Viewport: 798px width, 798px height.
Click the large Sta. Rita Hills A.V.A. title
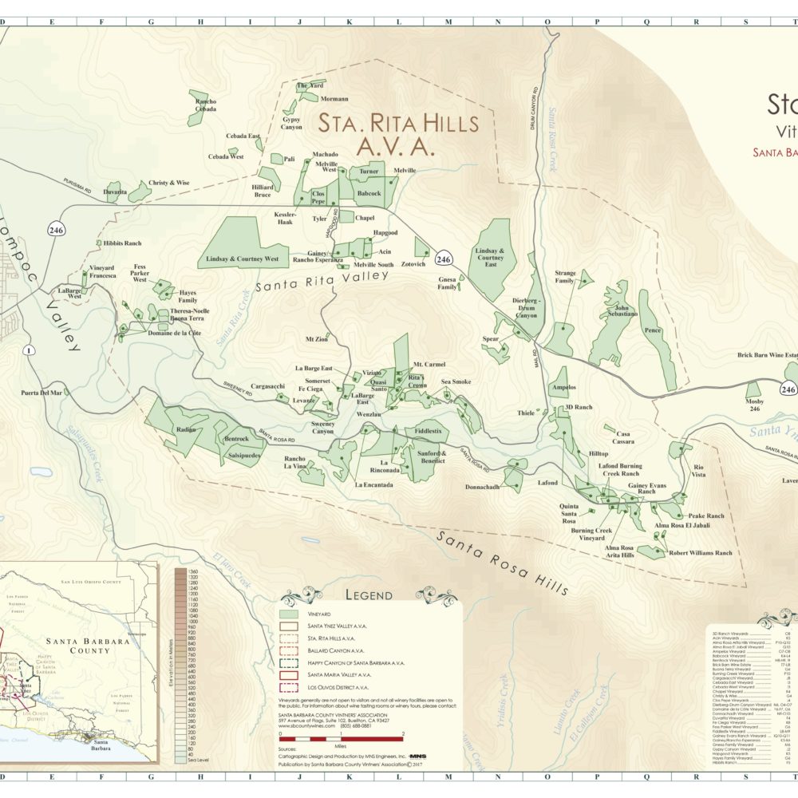[x=398, y=135]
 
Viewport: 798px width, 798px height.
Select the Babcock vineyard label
[x=369, y=193]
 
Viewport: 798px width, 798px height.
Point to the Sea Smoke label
[x=456, y=382]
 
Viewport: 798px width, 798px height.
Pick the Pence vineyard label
[x=652, y=330]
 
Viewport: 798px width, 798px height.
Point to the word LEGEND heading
[x=368, y=595]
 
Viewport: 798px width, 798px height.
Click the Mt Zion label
[x=316, y=339]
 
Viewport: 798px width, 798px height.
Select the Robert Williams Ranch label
[x=700, y=552]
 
